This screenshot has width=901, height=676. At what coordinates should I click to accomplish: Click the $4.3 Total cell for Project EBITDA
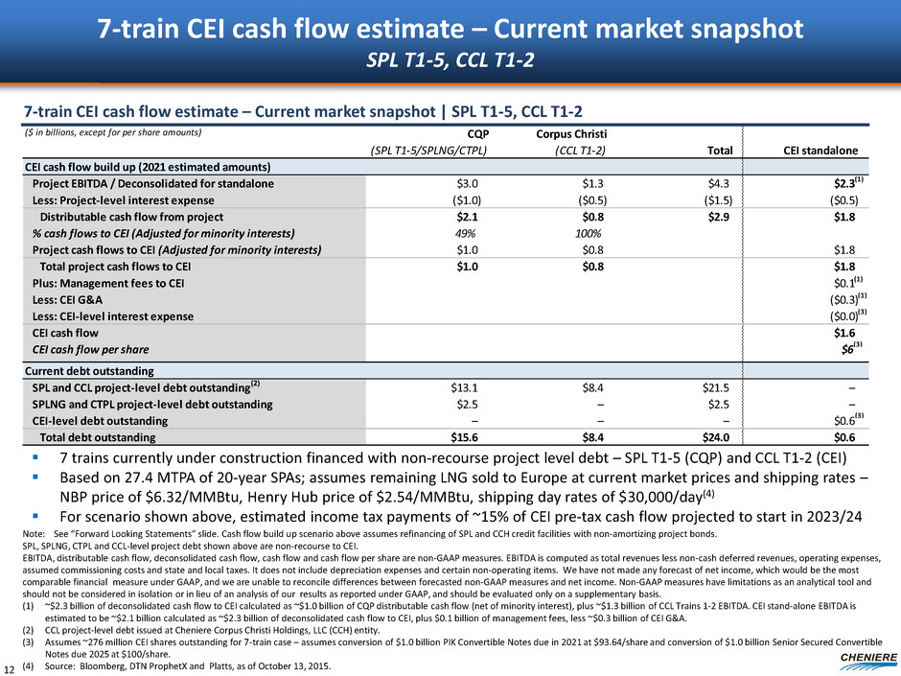(716, 183)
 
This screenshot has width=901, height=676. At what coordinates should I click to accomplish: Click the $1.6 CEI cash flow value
(843, 333)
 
